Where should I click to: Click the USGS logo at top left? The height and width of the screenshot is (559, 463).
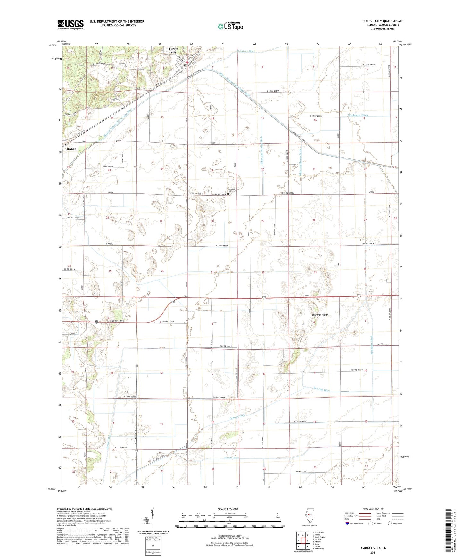[70, 25]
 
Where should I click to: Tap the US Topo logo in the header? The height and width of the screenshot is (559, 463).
[230, 26]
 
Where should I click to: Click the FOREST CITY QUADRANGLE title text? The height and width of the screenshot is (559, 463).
[383, 21]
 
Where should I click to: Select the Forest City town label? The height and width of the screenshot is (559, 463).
[173, 50]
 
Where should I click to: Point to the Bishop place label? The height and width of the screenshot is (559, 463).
[71, 149]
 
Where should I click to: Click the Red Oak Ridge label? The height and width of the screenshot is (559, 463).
[320, 315]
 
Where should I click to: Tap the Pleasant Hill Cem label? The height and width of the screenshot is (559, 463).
[231, 190]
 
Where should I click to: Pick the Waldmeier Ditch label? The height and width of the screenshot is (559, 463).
[358, 115]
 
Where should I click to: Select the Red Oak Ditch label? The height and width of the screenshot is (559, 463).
[321, 390]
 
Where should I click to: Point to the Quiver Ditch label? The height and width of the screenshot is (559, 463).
[247, 51]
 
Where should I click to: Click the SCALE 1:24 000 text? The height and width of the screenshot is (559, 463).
[228, 509]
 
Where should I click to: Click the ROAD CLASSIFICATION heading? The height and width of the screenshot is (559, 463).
[373, 509]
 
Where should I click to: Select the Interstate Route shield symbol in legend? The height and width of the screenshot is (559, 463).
[347, 523]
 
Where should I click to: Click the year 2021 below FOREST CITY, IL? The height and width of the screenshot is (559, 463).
[373, 553]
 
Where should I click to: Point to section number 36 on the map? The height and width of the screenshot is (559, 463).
[162, 271]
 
